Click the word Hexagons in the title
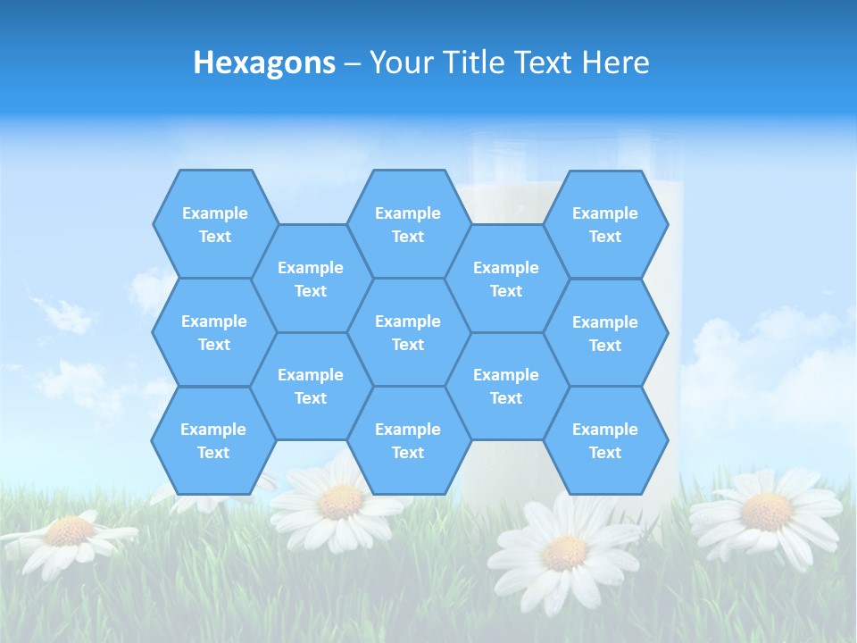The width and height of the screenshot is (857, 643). tap(264, 63)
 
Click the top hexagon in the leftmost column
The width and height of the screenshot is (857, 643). tap(215, 224)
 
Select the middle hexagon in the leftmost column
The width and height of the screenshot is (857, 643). tap(214, 332)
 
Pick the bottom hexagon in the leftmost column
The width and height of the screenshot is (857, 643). tap(213, 440)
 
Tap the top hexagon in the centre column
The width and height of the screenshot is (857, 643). tap(408, 224)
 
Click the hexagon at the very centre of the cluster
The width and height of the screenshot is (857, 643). tap(408, 332)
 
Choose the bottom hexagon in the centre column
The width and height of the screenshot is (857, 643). tap(408, 440)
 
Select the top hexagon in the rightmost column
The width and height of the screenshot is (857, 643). tap(605, 224)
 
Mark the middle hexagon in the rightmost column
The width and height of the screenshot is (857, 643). tap(605, 333)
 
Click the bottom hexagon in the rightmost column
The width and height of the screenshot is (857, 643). tap(605, 440)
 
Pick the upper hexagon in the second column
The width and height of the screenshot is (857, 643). tap(311, 279)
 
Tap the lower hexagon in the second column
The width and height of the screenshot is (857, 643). tap(311, 386)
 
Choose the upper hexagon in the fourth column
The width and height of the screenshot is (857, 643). tap(506, 279)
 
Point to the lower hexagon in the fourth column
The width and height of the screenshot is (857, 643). tap(506, 386)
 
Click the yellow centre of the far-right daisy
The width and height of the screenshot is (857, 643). tap(766, 512)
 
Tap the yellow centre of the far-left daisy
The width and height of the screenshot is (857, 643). tap(70, 531)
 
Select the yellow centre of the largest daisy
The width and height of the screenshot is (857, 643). tap(564, 553)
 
